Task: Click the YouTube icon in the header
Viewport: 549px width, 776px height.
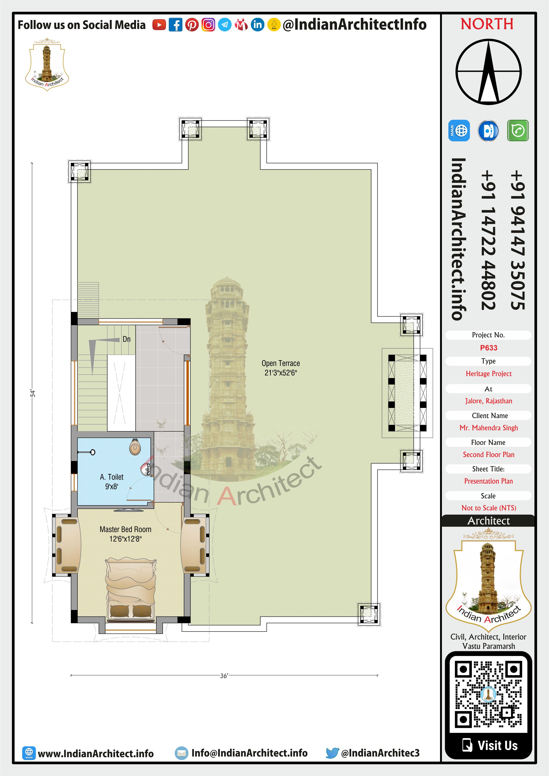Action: pyautogui.click(x=159, y=25)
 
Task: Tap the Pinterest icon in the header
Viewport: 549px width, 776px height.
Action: pyautogui.click(x=192, y=25)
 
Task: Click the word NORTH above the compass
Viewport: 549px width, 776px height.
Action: pyautogui.click(x=487, y=24)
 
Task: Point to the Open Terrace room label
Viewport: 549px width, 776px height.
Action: pyautogui.click(x=281, y=368)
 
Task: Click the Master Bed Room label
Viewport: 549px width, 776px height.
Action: pyautogui.click(x=125, y=534)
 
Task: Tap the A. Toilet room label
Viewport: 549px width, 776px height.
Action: pyautogui.click(x=111, y=482)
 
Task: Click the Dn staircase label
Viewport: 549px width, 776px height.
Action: pyautogui.click(x=127, y=339)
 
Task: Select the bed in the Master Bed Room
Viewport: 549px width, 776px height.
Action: pyautogui.click(x=131, y=590)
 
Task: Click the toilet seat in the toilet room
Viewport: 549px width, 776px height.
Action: pyautogui.click(x=135, y=447)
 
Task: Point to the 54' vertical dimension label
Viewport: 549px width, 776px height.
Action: pyautogui.click(x=33, y=393)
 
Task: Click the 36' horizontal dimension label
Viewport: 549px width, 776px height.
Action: pyautogui.click(x=224, y=676)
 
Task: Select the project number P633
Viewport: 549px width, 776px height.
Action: pyautogui.click(x=488, y=348)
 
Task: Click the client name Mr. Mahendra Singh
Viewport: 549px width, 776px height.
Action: pyautogui.click(x=488, y=428)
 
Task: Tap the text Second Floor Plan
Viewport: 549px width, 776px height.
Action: pyautogui.click(x=488, y=455)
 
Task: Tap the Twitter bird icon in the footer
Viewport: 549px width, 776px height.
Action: pyautogui.click(x=332, y=753)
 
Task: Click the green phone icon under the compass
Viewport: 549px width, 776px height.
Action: pyautogui.click(x=518, y=131)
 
